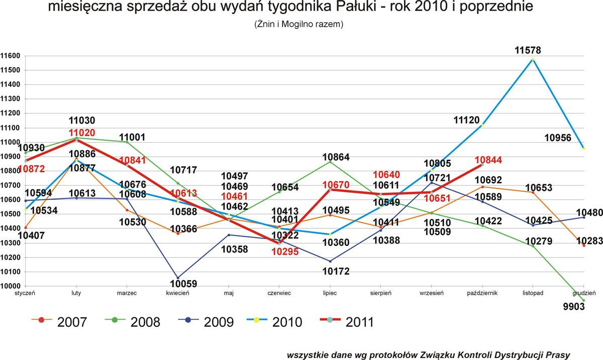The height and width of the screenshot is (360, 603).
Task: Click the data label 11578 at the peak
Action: pyautogui.click(x=528, y=50)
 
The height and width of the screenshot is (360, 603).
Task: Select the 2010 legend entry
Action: pyautogui.click(x=274, y=322)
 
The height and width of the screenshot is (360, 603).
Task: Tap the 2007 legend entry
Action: pyautogui.click(x=59, y=322)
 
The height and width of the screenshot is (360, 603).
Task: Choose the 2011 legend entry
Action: pyautogui.click(x=347, y=322)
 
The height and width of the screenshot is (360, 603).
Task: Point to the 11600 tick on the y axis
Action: pyautogui.click(x=10, y=56)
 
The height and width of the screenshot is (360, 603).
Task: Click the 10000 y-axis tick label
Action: pyautogui.click(x=10, y=286)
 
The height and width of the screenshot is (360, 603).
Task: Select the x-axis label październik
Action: pyautogui.click(x=482, y=293)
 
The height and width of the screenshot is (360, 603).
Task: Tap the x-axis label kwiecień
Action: pyautogui.click(x=178, y=293)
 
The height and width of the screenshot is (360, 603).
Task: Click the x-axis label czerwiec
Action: pyautogui.click(x=279, y=293)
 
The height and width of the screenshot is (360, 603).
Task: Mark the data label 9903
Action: pyautogui.click(x=574, y=306)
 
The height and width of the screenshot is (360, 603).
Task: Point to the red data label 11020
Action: pyautogui.click(x=82, y=133)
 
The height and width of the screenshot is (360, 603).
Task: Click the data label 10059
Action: pyautogui.click(x=183, y=284)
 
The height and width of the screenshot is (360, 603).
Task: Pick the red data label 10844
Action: pyautogui.click(x=488, y=160)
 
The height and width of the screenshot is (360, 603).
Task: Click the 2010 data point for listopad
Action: pyautogui.click(x=533, y=59)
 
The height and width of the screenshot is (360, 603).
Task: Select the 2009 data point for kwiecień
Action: pyautogui.click(x=178, y=278)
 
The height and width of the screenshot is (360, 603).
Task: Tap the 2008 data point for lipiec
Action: pyautogui.click(x=330, y=162)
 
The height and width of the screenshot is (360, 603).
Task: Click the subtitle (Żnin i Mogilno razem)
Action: pyautogui.click(x=298, y=24)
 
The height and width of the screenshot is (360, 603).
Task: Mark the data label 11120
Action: pyautogui.click(x=466, y=120)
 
